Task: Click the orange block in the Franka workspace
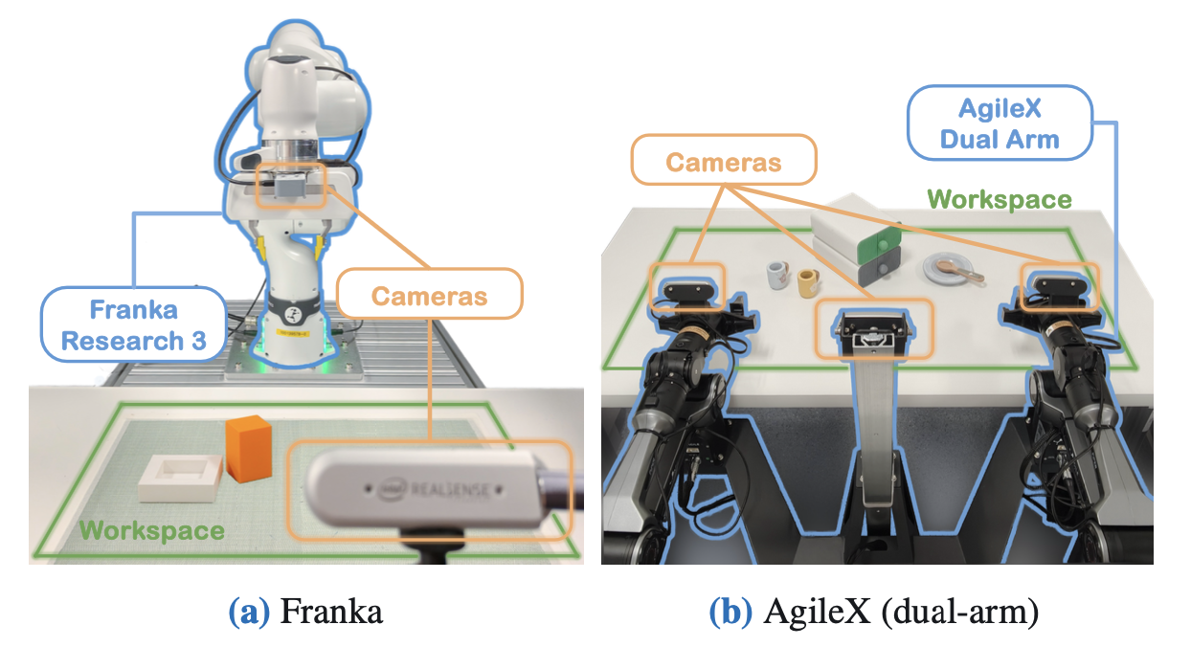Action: point(249,448)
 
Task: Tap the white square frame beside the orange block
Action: point(180,478)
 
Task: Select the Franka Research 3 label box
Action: point(133,324)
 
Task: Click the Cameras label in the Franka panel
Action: point(430,296)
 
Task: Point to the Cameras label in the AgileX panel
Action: point(724,162)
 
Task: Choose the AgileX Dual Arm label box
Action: point(1000,123)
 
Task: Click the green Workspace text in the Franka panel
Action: point(151,530)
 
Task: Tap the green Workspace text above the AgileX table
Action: point(1000,199)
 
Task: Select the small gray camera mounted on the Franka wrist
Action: point(290,186)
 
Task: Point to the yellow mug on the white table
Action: point(808,283)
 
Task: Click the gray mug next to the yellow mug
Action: point(778,276)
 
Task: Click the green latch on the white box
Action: point(877,245)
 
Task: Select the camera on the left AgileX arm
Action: point(688,291)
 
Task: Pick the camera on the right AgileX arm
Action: point(1058,289)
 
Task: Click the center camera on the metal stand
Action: point(873,333)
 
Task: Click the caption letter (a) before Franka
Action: point(249,611)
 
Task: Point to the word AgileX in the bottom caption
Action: point(818,612)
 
